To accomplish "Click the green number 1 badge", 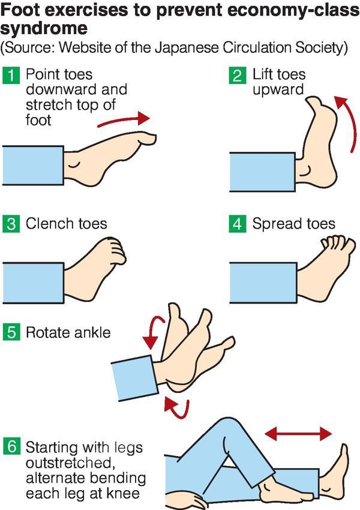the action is (x=11, y=76).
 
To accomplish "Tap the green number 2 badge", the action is (x=238, y=76).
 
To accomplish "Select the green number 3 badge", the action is (x=11, y=224).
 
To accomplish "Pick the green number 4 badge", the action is (x=238, y=224).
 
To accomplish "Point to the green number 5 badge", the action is (x=11, y=332).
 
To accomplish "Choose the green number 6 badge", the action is (x=11, y=446).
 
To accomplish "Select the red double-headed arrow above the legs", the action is (x=298, y=434).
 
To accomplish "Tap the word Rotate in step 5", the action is (x=48, y=333).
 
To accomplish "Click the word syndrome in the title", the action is (x=44, y=29).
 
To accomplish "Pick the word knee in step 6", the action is (x=125, y=493).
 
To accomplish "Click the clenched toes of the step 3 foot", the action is (x=116, y=250).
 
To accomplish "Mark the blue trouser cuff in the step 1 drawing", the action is (x=33, y=166).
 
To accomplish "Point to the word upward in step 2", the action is (x=278, y=90).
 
